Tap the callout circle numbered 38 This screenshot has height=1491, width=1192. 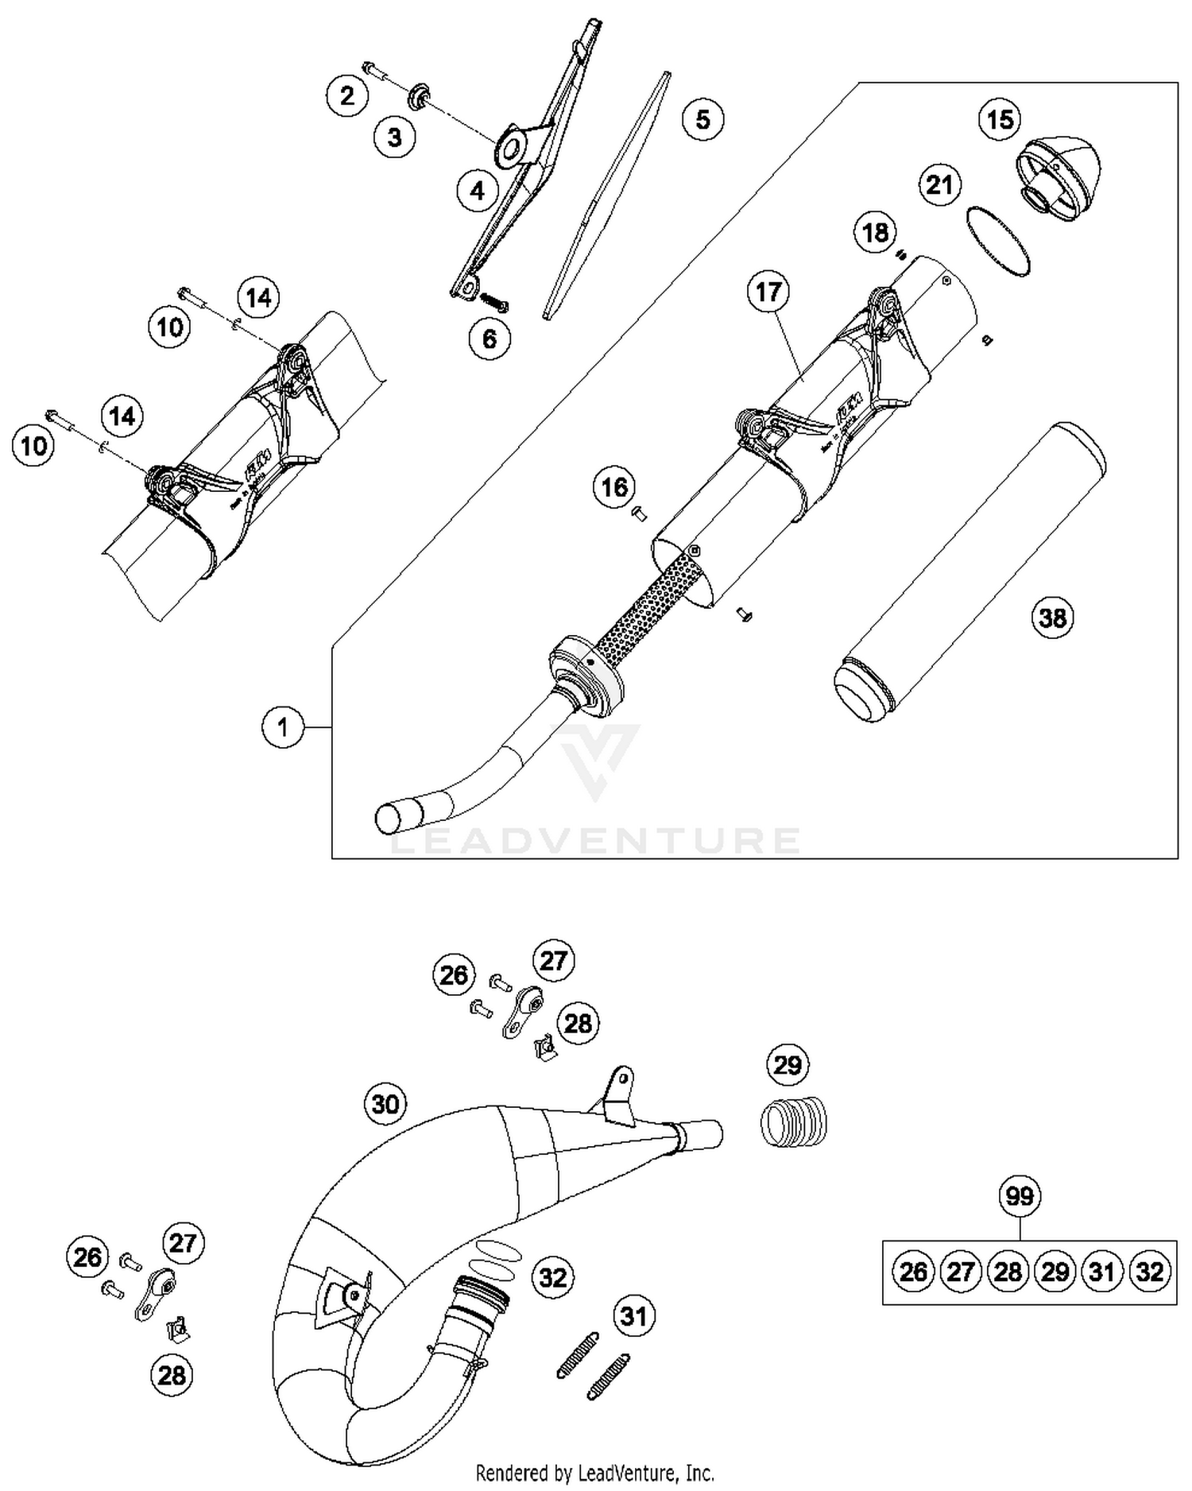(x=1052, y=618)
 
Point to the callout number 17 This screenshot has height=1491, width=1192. (x=768, y=292)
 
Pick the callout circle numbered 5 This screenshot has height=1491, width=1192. (x=702, y=119)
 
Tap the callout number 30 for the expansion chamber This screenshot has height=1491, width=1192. (x=385, y=1104)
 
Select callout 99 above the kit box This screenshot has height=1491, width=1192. (x=1020, y=1196)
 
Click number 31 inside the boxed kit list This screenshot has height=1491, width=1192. (x=1101, y=1272)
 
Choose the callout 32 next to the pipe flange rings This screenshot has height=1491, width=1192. (x=552, y=1277)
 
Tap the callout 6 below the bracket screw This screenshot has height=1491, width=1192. (x=490, y=339)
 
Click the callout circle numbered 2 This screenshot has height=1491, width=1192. (x=347, y=96)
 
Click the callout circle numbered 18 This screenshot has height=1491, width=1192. (x=875, y=233)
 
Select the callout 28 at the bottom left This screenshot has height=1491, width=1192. (x=172, y=1376)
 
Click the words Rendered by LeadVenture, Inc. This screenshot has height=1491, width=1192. (x=594, y=1473)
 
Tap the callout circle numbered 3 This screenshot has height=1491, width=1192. (x=395, y=137)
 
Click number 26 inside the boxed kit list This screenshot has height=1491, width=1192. (x=912, y=1272)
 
